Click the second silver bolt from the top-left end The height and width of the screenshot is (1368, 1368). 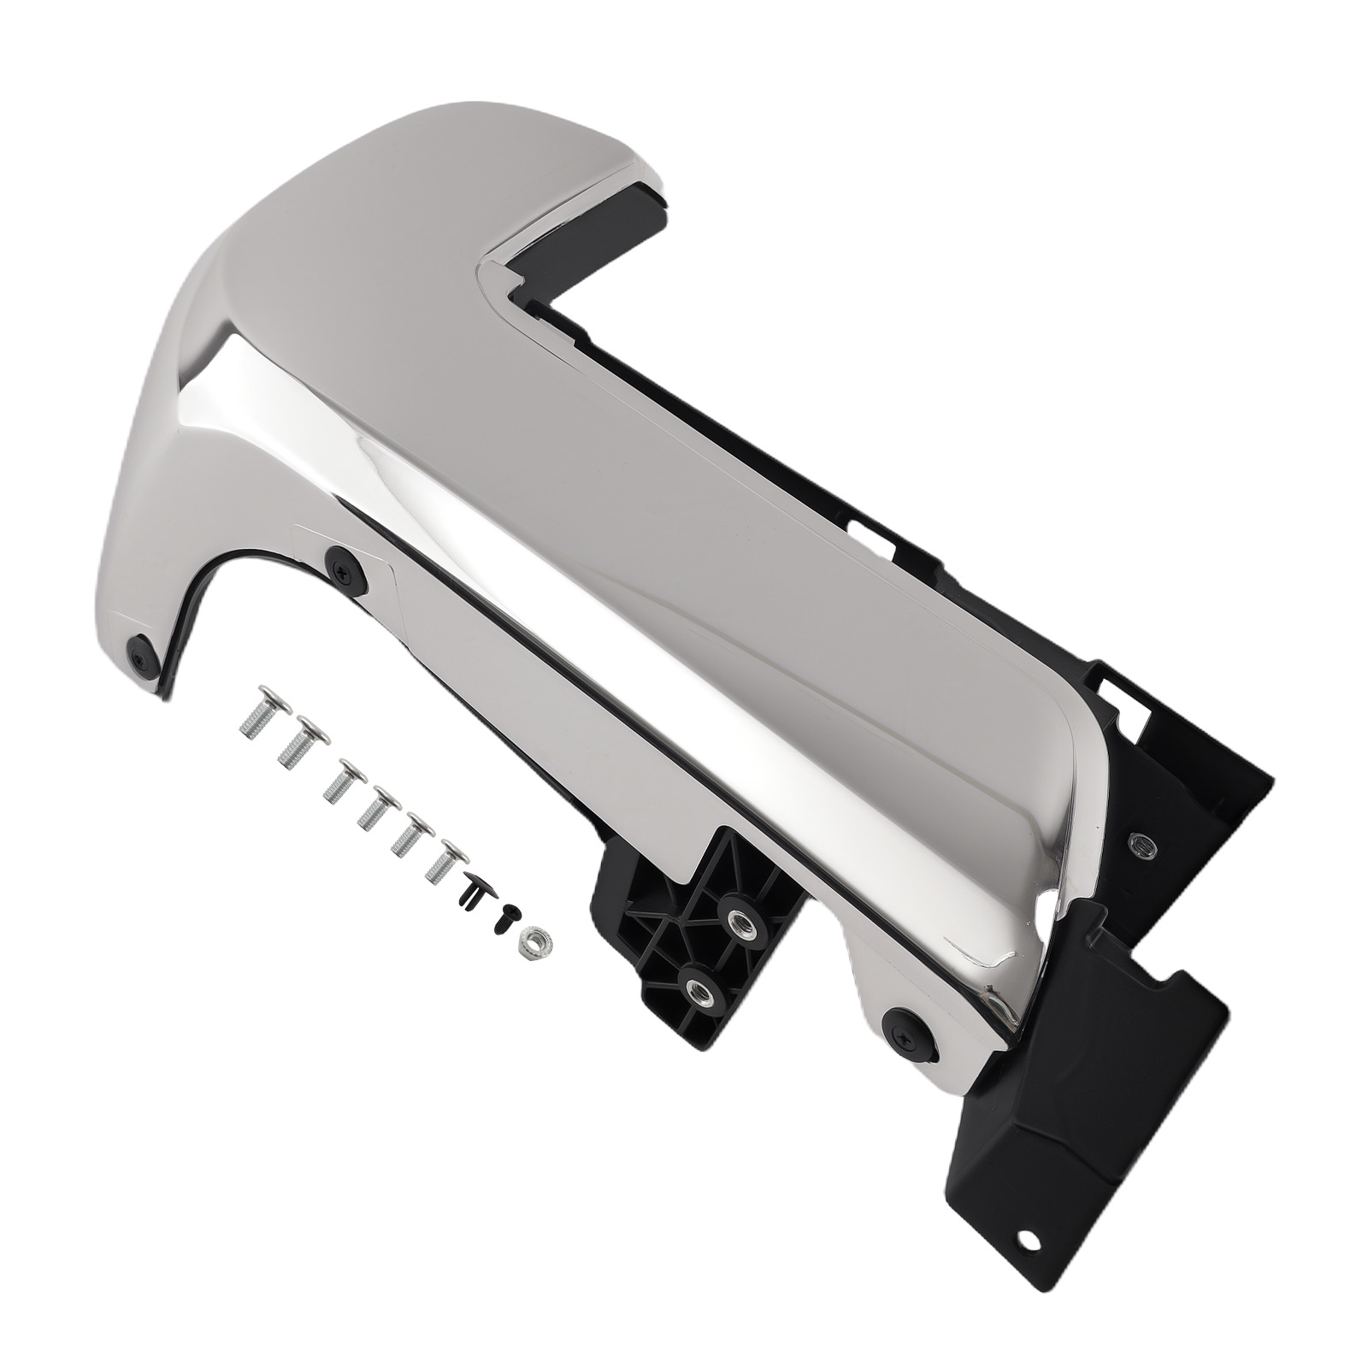point(296,740)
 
